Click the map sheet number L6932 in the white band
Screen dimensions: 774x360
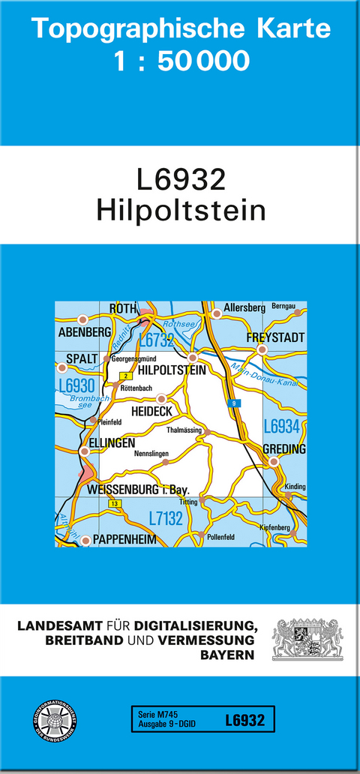pos(181,181)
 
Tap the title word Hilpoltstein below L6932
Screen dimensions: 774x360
pos(181,211)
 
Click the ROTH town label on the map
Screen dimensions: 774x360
pos(123,308)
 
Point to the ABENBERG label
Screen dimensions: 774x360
pos(84,331)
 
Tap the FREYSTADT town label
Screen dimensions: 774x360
pos(275,338)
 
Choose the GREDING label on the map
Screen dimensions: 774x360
pos(284,449)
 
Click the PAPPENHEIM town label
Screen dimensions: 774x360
pos(127,539)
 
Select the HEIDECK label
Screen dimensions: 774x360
pos(151,412)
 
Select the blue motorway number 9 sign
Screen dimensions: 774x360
pos(235,403)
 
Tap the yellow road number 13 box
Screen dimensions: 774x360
pos(114,503)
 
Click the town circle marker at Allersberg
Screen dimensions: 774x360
pos(217,313)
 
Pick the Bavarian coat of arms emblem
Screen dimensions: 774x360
pos(307,639)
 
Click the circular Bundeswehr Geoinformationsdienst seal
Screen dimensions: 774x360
pos(55,721)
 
